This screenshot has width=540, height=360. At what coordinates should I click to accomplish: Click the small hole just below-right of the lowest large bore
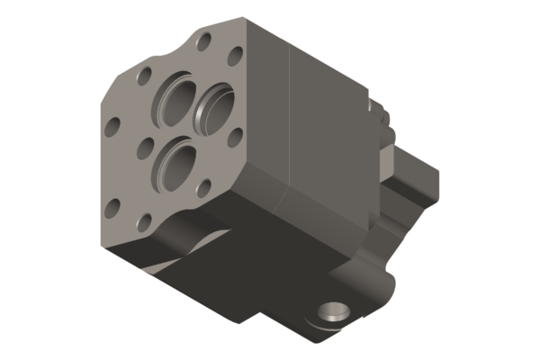click(203, 187)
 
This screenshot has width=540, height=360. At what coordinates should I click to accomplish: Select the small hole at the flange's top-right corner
click(235, 56)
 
